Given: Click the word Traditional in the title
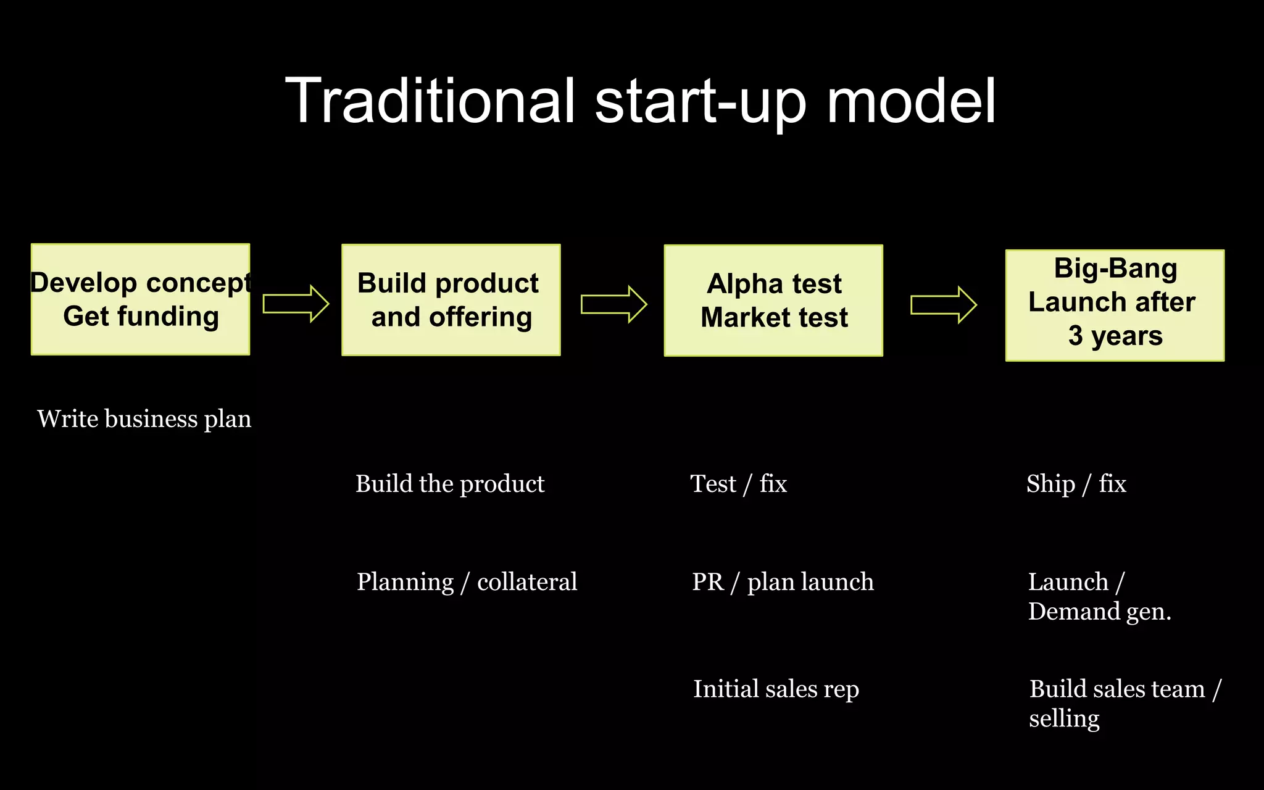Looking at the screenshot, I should coord(430,101).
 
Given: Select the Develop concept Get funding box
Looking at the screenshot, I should coord(141,299).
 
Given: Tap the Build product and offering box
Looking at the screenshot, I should coord(451,300).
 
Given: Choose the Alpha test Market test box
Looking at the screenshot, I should coord(773,301).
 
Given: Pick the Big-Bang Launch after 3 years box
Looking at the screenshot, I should coord(1115,305).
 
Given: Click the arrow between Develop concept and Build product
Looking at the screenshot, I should coord(296,304).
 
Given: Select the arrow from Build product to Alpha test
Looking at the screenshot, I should coord(613,304).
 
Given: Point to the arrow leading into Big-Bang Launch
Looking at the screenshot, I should coord(943,305).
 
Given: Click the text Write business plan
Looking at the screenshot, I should coord(144,419).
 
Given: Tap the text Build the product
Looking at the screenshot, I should coord(450,484).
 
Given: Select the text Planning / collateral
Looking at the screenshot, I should coord(467,582).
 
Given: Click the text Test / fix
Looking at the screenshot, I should coord(738,484).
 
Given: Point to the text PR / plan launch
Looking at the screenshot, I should coord(783,582).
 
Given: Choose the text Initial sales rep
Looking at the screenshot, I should coord(776,689).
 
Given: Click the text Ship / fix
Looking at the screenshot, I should coord(1076,484).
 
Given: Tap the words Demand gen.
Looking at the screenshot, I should coord(1099,612).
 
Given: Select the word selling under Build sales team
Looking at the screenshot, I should coord(1064,719).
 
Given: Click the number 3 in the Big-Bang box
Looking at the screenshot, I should coord(1076,336).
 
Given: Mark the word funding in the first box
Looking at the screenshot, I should coord(168,317).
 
